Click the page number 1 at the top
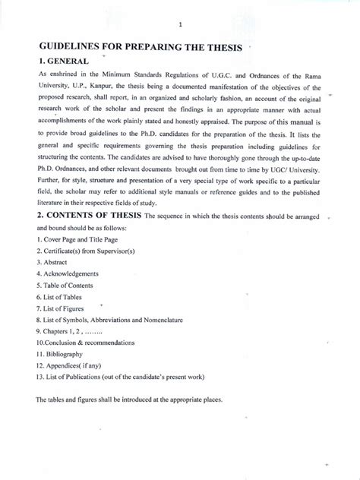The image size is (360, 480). (x=180, y=24)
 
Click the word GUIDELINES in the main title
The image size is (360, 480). (x=76, y=47)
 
